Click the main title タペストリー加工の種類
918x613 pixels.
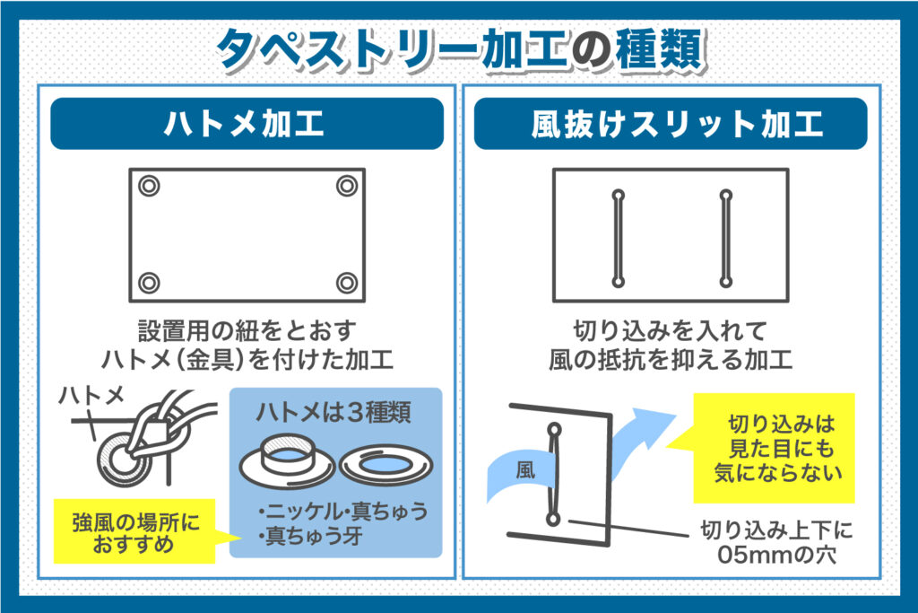pyautogui.click(x=462, y=49)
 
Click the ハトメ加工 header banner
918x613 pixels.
pyautogui.click(x=247, y=124)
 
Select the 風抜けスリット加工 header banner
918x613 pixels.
pyautogui.click(x=671, y=124)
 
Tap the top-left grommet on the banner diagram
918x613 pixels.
pyautogui.click(x=149, y=186)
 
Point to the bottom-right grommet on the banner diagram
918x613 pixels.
pyautogui.click(x=347, y=283)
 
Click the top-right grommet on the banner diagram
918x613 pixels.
pyautogui.click(x=347, y=186)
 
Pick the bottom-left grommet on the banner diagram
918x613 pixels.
pyautogui.click(x=149, y=283)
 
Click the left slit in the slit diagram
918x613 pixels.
pyautogui.click(x=619, y=239)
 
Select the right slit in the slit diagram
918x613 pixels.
pyautogui.click(x=726, y=239)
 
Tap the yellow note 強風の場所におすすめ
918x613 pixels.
pyautogui.click(x=134, y=531)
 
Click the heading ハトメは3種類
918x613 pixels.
pyautogui.click(x=333, y=413)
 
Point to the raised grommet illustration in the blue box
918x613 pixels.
pyautogui.click(x=287, y=461)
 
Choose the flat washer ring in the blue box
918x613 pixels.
pyautogui.click(x=385, y=465)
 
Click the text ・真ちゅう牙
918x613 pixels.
pyautogui.click(x=310, y=536)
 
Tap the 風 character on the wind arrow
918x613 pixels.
pyautogui.click(x=525, y=469)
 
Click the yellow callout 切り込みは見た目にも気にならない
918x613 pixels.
pyautogui.click(x=774, y=449)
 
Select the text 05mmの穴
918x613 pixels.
pyautogui.click(x=777, y=555)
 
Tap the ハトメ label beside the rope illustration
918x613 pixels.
pyautogui.click(x=92, y=396)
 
